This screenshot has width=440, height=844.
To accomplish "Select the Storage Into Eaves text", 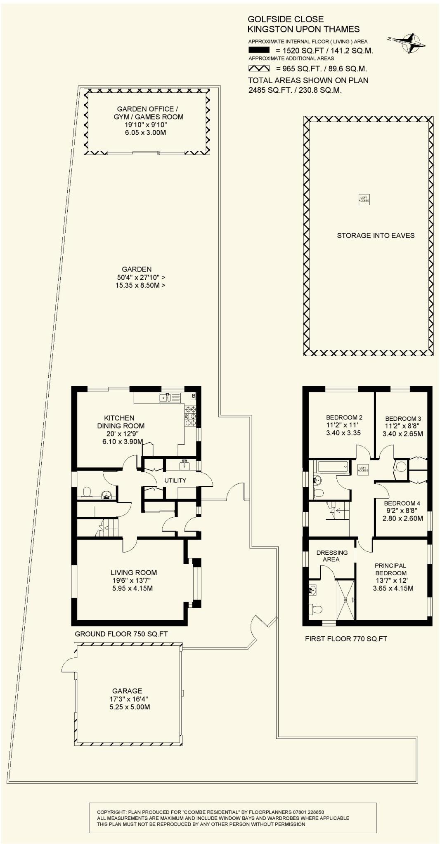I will coord(376,235).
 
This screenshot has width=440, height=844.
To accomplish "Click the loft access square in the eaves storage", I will coord(364,199).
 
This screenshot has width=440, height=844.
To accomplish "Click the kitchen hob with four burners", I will coord(190,416).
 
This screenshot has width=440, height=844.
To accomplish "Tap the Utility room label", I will coord(175,480).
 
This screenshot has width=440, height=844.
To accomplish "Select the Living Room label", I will coord(133,572).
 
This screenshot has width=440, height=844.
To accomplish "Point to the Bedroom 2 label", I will coord(344,417).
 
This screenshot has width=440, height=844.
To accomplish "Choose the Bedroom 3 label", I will coord(403,419).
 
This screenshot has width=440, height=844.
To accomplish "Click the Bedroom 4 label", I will coord(402,503).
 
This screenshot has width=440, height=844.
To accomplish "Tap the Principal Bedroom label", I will coord(390,569).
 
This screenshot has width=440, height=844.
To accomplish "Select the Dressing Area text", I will coord(332,556).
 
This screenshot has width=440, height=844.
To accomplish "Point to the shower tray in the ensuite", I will coord(345,599).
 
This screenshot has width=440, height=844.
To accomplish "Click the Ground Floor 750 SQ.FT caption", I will coord(121,634).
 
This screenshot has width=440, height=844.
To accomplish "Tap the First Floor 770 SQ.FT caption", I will coord(346,639).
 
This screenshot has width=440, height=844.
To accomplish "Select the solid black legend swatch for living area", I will coord(259,50).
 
